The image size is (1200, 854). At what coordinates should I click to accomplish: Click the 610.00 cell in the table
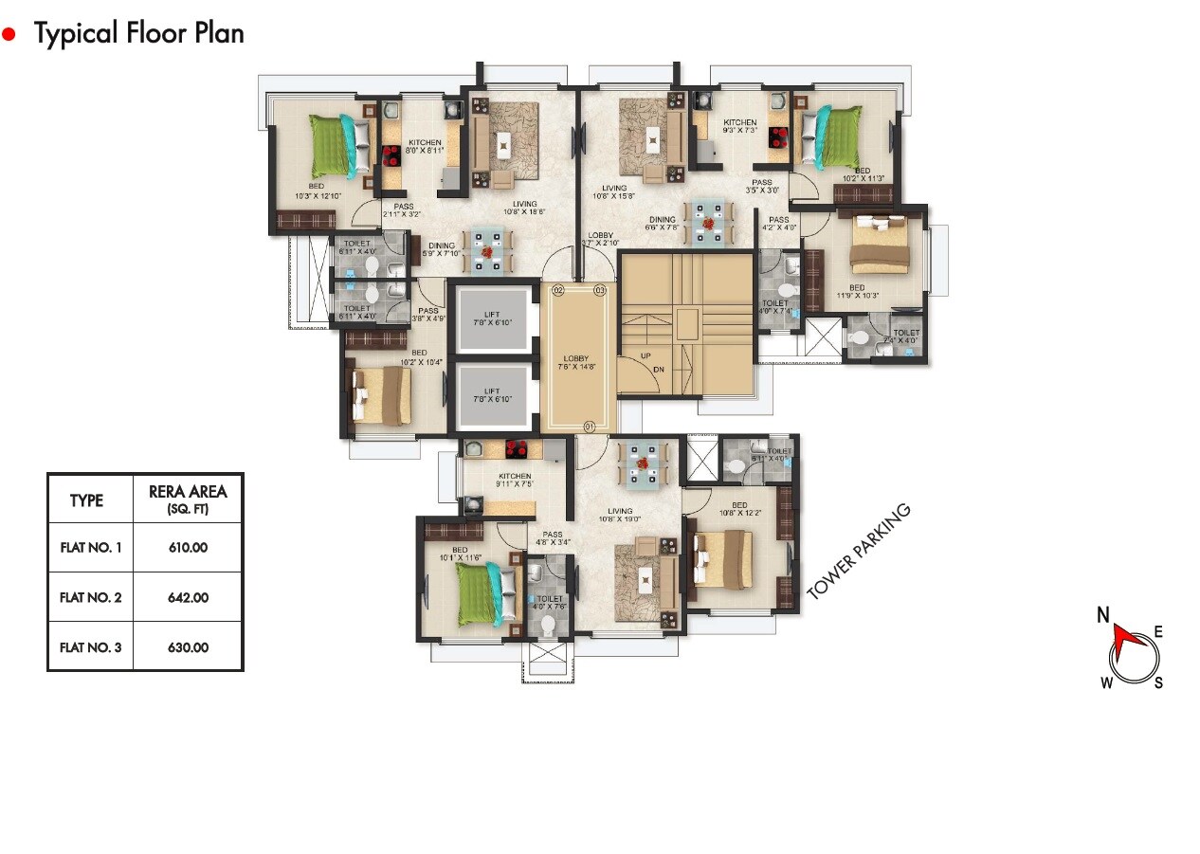(x=187, y=548)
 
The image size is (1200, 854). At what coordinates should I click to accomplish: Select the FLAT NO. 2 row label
(x=90, y=598)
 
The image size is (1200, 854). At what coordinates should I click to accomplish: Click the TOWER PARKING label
(x=858, y=551)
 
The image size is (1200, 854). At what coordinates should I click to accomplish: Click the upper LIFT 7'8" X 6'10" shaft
(x=492, y=318)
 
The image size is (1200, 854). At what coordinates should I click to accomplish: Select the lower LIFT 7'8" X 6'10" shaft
(x=492, y=395)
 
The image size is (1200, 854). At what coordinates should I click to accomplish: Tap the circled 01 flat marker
(x=589, y=427)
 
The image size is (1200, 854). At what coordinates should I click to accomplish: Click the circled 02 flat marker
(x=558, y=290)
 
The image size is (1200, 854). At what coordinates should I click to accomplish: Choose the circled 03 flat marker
(x=599, y=290)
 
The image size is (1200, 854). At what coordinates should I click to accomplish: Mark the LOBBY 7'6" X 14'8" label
(x=576, y=363)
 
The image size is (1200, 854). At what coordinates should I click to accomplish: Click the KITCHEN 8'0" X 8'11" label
(x=425, y=147)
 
